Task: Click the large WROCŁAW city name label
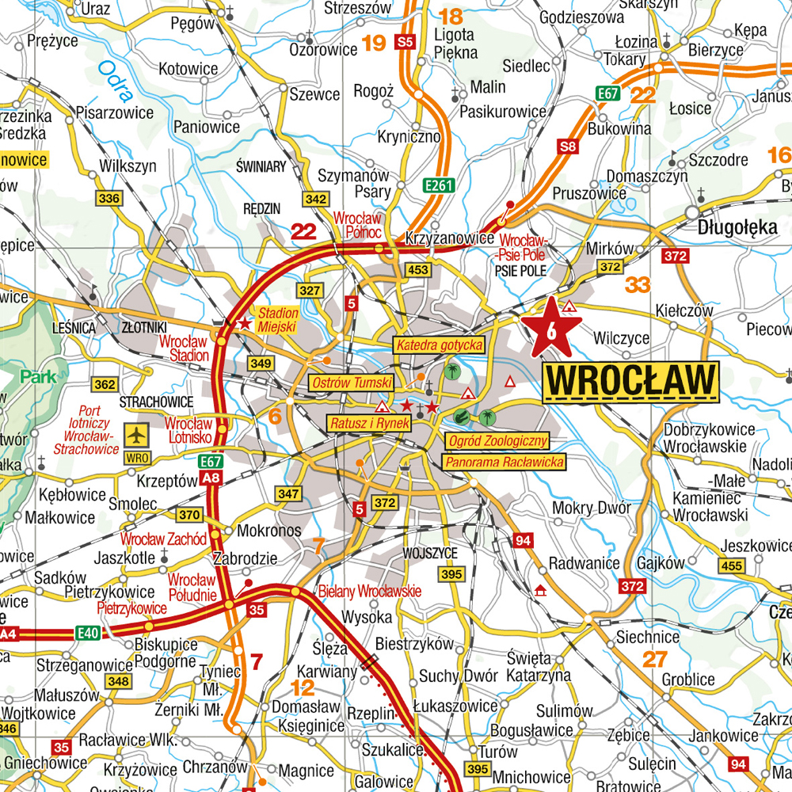point(630,381)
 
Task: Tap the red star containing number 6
point(550,328)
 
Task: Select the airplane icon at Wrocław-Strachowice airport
point(138,435)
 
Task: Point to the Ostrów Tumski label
point(352,383)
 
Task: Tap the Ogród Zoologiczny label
point(497,441)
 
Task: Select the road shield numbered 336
point(109,198)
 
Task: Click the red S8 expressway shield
point(567,147)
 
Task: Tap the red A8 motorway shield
point(211,478)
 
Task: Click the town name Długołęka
point(737,227)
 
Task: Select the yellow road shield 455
point(732,565)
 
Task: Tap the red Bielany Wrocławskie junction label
point(369,592)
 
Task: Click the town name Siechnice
point(648,637)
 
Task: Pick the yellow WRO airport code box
point(138,457)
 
